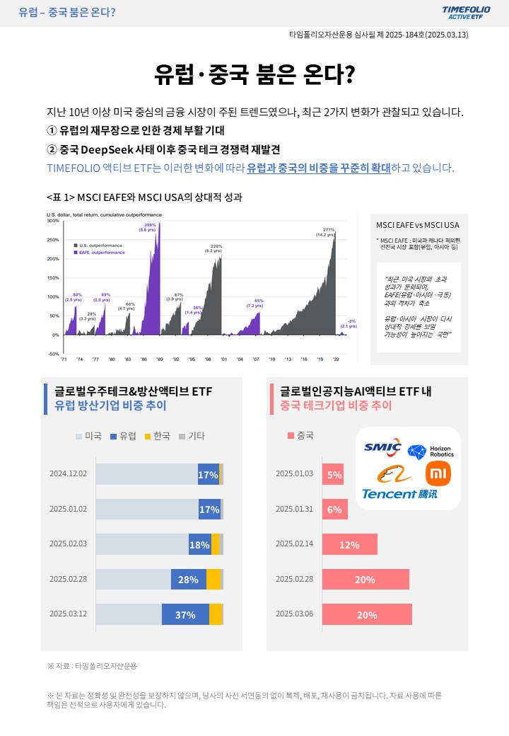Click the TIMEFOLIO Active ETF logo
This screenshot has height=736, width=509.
coord(466,12)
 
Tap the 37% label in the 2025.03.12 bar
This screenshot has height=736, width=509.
coord(185,614)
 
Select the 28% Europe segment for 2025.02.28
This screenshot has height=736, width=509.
coord(188,580)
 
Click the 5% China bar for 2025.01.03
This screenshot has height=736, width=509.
coord(334,474)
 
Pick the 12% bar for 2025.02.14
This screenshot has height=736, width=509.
coord(349,545)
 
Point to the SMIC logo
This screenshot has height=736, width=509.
coord(382,447)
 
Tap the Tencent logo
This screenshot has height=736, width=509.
coord(399,493)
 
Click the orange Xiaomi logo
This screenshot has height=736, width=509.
coord(438,473)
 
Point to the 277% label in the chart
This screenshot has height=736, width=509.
coord(329,230)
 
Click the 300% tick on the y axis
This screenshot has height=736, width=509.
coord(53,221)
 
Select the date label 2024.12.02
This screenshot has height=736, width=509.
coord(68,474)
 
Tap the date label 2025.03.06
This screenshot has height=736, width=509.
coord(294,614)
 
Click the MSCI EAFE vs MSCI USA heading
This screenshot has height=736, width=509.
coord(417,225)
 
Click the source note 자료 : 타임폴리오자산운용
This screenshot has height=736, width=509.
coord(92,666)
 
